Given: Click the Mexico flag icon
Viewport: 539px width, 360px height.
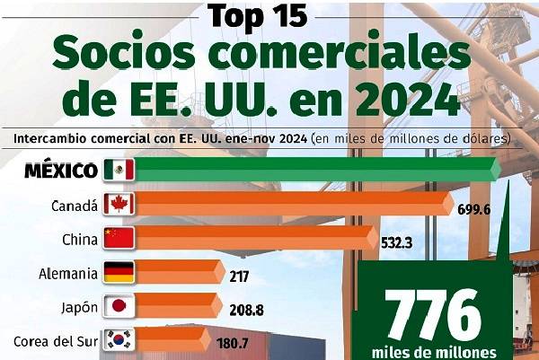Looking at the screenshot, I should pos(119,170).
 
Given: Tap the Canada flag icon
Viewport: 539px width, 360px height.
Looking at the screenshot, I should pos(119,204).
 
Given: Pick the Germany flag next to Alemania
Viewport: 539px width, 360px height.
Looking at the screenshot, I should pos(119,272).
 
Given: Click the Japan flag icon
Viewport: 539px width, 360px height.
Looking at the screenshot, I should pos(119,306).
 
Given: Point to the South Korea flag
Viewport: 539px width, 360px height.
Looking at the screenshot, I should pos(119,340).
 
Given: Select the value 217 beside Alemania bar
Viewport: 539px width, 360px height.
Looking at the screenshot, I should pos(240,276).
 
